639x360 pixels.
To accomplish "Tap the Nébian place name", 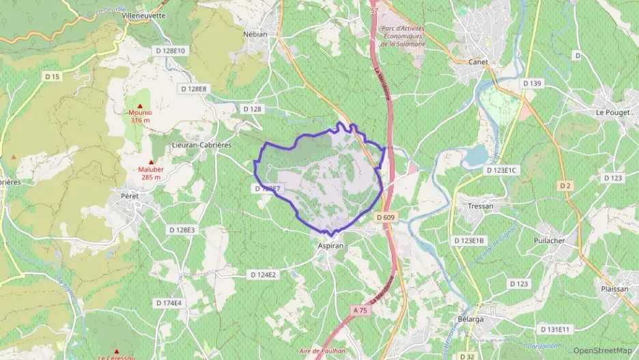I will click(255, 33).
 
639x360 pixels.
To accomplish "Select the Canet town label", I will click(478, 61).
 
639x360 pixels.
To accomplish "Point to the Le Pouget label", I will click(610, 111).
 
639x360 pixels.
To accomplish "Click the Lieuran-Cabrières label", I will click(203, 145).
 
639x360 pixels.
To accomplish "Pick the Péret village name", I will click(129, 195).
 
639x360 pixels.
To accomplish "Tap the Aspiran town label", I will click(331, 245).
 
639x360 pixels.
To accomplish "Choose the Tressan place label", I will click(481, 206).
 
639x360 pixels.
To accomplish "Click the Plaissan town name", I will click(614, 289).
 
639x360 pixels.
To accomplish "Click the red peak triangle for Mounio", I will click(140, 106).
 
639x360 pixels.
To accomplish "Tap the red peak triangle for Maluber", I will click(150, 162).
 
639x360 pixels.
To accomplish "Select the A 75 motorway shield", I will click(360, 310).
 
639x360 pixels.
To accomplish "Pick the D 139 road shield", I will click(532, 83).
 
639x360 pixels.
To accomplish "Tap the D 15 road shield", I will click(53, 77).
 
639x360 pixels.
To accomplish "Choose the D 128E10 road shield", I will click(170, 51).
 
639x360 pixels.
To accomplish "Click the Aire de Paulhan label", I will click(323, 351).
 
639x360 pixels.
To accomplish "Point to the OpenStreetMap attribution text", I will click(602, 350).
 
